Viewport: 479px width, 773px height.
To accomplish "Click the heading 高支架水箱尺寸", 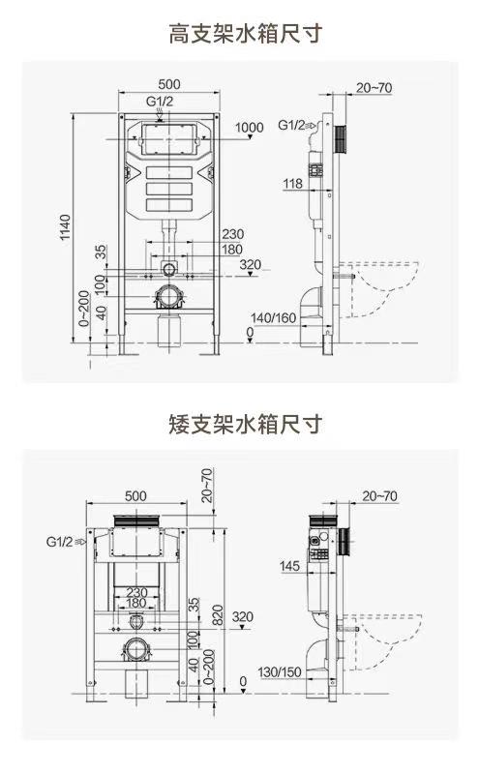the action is click(x=245, y=34).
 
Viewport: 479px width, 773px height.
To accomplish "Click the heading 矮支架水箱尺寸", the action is click(x=245, y=424).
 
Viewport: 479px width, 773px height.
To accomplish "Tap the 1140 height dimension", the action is click(x=65, y=227).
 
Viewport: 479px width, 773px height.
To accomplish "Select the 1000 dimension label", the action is click(x=249, y=127).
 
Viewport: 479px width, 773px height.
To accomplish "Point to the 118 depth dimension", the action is click(x=292, y=184).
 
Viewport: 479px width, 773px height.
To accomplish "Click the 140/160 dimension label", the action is click(x=273, y=318).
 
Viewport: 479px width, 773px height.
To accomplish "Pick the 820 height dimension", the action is click(x=218, y=614).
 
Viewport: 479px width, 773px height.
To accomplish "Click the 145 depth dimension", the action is click(x=289, y=565).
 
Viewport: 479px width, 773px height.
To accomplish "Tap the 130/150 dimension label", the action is click(x=280, y=672).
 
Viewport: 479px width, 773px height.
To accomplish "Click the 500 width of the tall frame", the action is click(x=169, y=84).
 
